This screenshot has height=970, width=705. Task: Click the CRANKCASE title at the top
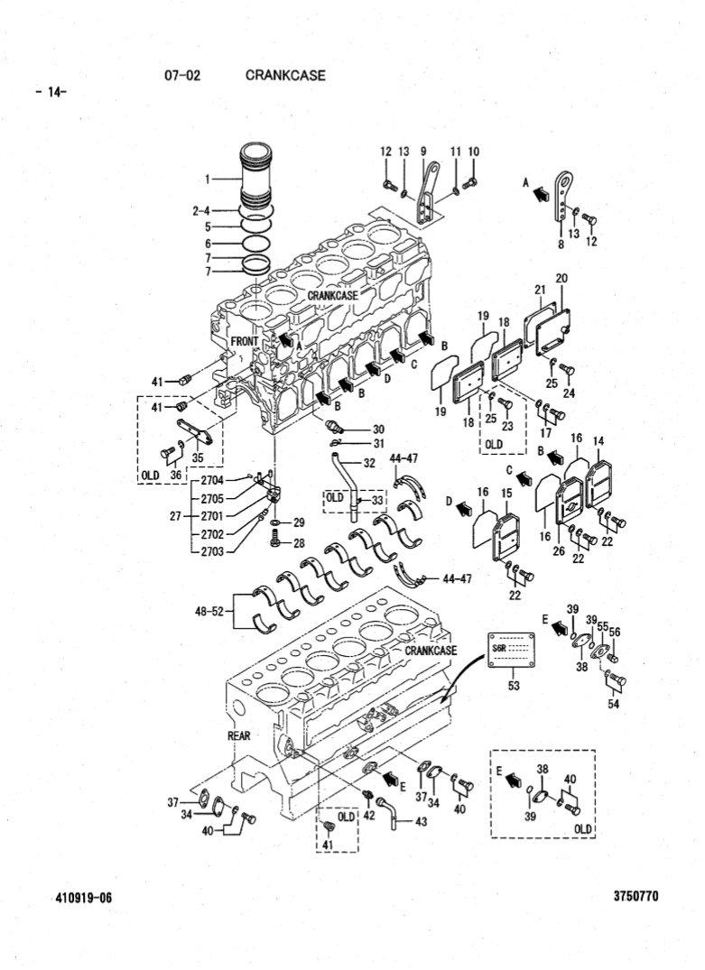[x=284, y=76]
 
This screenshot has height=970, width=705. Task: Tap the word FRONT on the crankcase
[x=245, y=342]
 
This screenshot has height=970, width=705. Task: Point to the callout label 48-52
[x=210, y=611]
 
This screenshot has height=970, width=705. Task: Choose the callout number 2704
[x=213, y=479]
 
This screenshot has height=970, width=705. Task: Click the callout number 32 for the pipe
[x=369, y=463]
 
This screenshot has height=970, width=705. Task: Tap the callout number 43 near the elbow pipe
[x=421, y=821]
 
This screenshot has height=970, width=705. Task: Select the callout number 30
[x=378, y=429]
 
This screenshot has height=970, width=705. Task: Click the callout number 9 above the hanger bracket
[x=422, y=151]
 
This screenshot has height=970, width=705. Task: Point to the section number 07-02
[x=181, y=76]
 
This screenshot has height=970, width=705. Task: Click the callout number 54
[x=613, y=704]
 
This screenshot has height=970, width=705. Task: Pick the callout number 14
[x=598, y=439]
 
